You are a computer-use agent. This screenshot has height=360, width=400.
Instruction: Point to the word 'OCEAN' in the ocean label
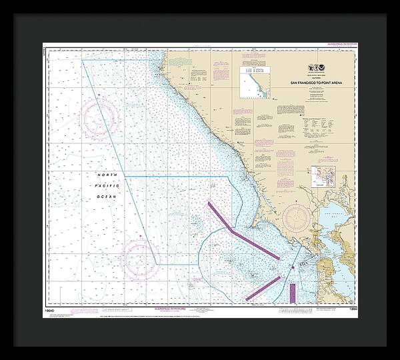pos(107,197)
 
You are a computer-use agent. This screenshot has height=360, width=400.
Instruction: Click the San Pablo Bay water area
pos(329,224)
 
